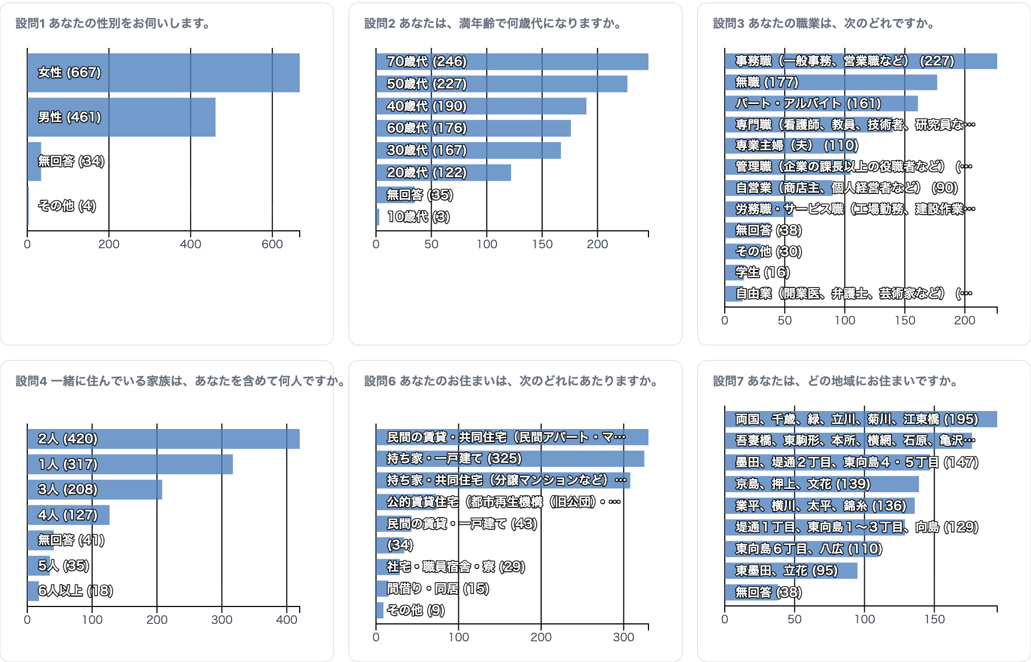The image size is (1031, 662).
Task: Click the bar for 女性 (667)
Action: (163, 72)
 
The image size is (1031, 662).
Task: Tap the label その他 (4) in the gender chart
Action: (67, 206)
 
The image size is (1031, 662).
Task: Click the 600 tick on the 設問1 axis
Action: (272, 244)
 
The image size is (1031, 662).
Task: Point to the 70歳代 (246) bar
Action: (512, 62)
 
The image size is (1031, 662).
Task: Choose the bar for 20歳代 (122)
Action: (444, 173)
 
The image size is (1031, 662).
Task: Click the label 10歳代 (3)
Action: (419, 217)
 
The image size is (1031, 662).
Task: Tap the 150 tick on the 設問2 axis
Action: (542, 244)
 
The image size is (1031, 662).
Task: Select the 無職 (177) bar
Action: (831, 82)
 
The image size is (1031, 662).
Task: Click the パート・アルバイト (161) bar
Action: (821, 103)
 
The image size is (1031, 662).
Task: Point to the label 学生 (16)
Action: (762, 272)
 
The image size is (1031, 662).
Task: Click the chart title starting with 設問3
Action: (823, 23)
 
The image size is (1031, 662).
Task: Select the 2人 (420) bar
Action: (163, 439)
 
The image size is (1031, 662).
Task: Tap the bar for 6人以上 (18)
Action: (33, 591)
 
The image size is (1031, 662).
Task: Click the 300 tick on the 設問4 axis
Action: (222, 620)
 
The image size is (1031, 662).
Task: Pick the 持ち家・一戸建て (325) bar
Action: (510, 458)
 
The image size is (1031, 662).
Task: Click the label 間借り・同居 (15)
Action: (438, 589)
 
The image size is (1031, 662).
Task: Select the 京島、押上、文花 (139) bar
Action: (822, 484)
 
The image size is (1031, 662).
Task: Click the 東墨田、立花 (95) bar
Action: (791, 571)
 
